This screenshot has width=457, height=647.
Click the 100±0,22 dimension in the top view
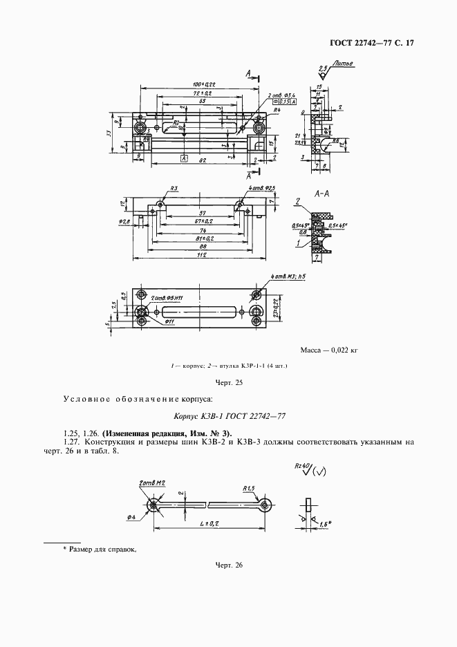coord(196,84)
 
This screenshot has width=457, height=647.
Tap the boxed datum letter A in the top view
coord(185,159)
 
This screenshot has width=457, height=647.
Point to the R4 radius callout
coord(276,110)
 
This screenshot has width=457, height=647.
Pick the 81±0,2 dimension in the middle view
coord(201,236)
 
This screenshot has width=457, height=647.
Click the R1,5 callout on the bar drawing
coord(249,488)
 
